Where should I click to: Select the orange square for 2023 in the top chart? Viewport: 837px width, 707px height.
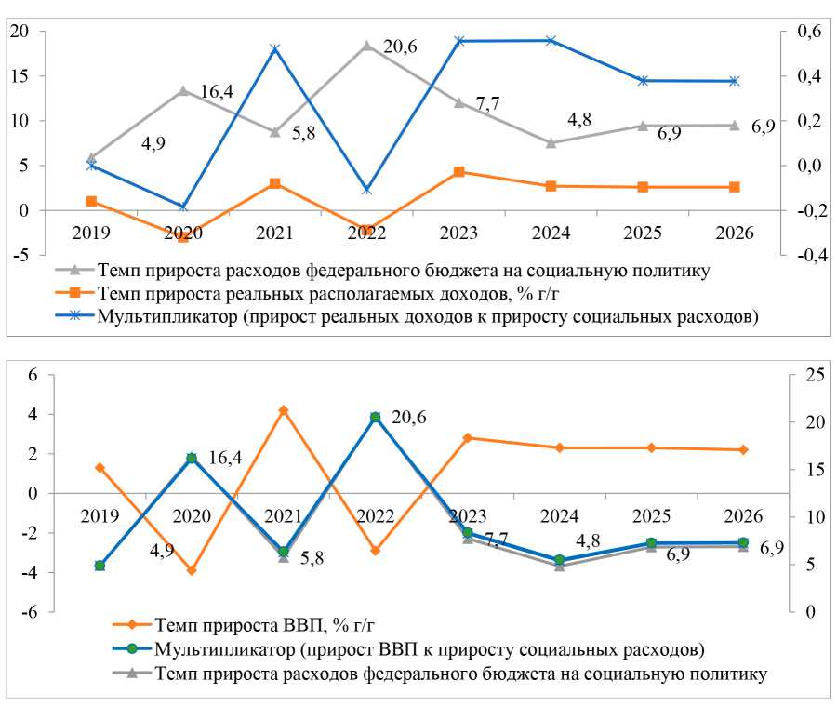coord(458,172)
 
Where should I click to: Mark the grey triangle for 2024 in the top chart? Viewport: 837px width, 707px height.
coord(551,142)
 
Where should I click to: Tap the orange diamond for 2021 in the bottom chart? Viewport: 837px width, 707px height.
coord(284,410)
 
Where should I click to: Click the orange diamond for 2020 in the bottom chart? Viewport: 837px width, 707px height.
coord(192,570)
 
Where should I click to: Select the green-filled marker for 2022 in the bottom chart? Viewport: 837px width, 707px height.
coord(375,418)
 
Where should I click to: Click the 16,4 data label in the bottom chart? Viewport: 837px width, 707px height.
coord(224,458)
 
